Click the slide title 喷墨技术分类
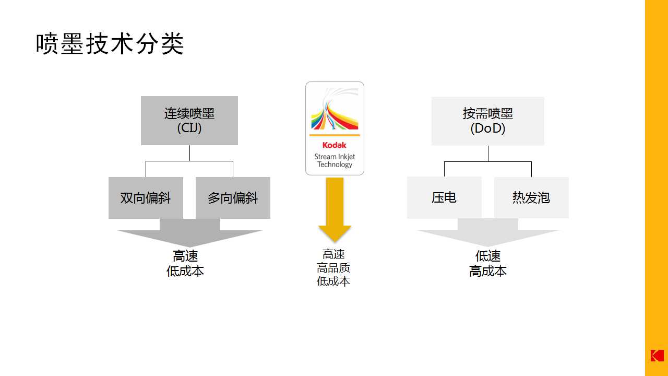(110, 44)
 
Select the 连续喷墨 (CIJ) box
(189, 121)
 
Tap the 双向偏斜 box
(146, 198)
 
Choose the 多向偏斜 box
(233, 198)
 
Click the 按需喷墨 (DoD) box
(487, 121)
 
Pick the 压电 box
(444, 197)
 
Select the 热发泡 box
(531, 197)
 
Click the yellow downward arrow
(335, 209)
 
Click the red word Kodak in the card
(335, 145)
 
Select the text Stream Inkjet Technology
(335, 160)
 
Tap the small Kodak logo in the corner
(657, 355)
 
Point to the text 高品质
(333, 268)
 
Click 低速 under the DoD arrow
(488, 256)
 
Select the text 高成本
(488, 271)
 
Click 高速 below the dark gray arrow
(185, 256)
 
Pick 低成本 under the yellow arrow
(333, 281)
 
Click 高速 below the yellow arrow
(333, 254)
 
